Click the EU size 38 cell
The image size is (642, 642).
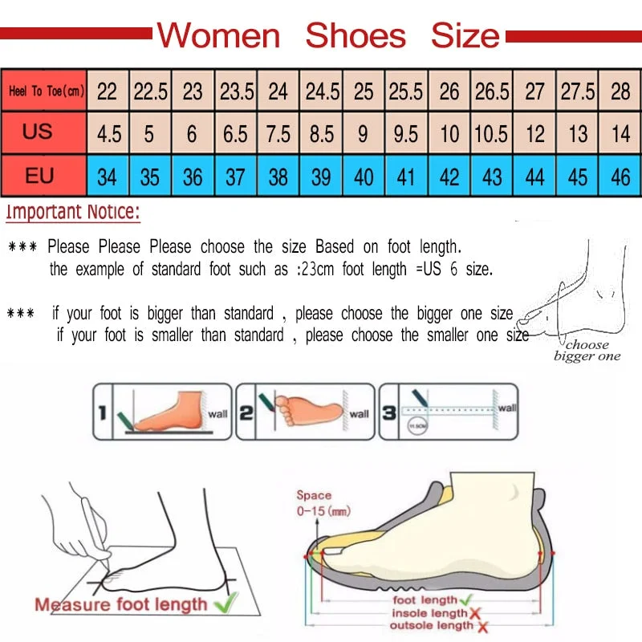[x=278, y=176]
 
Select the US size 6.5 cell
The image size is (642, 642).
[x=235, y=132]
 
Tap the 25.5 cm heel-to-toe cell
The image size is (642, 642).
[x=406, y=91]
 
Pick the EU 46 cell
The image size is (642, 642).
[x=620, y=176]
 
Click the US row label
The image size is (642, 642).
[x=38, y=132]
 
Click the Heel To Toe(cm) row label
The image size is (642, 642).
[x=46, y=91]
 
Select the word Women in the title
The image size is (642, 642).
[x=218, y=35]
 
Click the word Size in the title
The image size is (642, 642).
[x=465, y=35]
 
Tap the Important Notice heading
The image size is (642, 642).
[x=73, y=213]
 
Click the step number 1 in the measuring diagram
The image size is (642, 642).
[x=102, y=412]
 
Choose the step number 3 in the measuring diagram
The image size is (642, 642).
[x=388, y=412]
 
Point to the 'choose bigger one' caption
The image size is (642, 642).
[x=587, y=351]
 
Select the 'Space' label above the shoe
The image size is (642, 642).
[x=314, y=496]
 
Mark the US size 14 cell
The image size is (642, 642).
[x=620, y=132]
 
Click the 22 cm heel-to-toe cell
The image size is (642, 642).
[x=107, y=91]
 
